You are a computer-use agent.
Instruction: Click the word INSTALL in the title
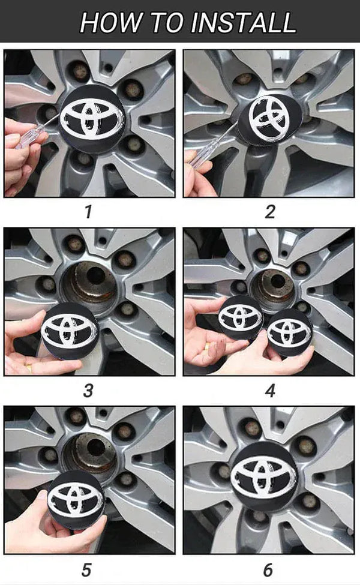pyautogui.click(x=243, y=22)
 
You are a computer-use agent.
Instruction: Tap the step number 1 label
pyautogui.click(x=88, y=212)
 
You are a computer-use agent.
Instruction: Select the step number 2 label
pyautogui.click(x=270, y=212)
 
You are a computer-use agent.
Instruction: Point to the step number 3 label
pyautogui.click(x=88, y=391)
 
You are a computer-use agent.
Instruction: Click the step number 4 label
pyautogui.click(x=270, y=391)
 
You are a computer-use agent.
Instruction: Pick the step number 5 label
pyautogui.click(x=86, y=570)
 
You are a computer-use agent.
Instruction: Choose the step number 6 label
pyautogui.click(x=268, y=570)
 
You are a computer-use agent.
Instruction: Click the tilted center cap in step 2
pyautogui.click(x=269, y=119)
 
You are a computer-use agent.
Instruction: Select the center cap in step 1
pyautogui.click(x=92, y=119)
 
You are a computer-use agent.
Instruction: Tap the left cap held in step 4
pyautogui.click(x=241, y=317)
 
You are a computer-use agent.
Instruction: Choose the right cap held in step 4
pyautogui.click(x=289, y=332)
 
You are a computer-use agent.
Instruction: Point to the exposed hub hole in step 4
pyautogui.click(x=277, y=281)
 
